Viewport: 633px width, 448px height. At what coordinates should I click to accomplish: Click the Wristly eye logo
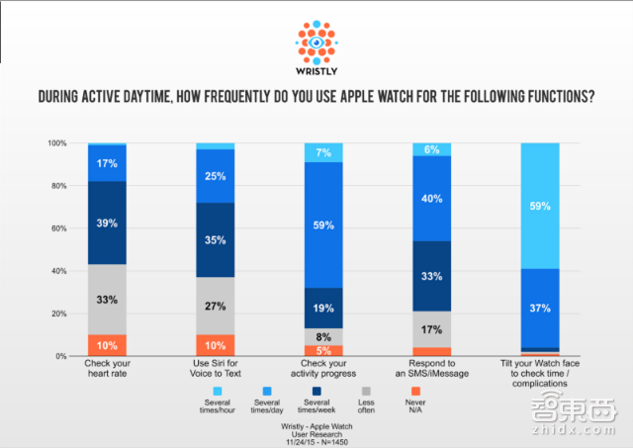pyautogui.click(x=316, y=43)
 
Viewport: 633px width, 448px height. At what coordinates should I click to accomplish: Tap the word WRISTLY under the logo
pyautogui.click(x=316, y=71)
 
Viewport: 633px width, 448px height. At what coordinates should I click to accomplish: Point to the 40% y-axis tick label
pyautogui.click(x=59, y=271)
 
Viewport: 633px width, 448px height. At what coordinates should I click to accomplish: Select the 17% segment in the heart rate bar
pyautogui.click(x=107, y=163)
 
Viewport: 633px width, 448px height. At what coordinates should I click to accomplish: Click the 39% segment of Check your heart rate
pyautogui.click(x=107, y=223)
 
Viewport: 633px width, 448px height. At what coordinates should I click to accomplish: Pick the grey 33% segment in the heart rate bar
pyautogui.click(x=107, y=300)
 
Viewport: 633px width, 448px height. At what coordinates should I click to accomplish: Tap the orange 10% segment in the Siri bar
pyautogui.click(x=216, y=345)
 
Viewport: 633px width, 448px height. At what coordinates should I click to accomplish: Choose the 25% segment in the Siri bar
pyautogui.click(x=216, y=176)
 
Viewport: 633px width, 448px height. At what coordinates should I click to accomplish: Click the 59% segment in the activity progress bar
pyautogui.click(x=323, y=224)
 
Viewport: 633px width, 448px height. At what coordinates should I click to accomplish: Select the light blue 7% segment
pyautogui.click(x=323, y=152)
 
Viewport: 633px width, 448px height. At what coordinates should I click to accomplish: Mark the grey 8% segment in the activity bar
pyautogui.click(x=323, y=336)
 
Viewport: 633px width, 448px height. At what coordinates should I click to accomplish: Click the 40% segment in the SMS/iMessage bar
pyautogui.click(x=431, y=199)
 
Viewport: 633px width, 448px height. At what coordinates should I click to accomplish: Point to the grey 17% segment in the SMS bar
pyautogui.click(x=431, y=329)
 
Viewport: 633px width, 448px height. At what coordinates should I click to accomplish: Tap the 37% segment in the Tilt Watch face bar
pyautogui.click(x=540, y=308)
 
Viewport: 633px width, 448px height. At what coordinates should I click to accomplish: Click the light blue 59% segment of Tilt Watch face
pyautogui.click(x=540, y=206)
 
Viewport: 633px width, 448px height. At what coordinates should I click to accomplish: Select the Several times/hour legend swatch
pyautogui.click(x=218, y=391)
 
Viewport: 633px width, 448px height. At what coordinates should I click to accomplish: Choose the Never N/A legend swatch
pyautogui.click(x=415, y=391)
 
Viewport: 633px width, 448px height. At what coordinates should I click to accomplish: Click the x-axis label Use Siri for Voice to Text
pyautogui.click(x=216, y=368)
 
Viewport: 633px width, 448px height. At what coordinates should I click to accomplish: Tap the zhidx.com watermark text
pyautogui.click(x=574, y=429)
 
